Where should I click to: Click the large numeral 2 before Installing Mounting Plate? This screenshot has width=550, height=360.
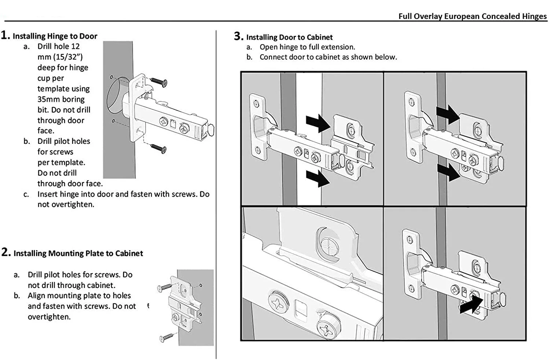(5, 252)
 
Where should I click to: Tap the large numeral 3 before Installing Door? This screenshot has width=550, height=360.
(238, 36)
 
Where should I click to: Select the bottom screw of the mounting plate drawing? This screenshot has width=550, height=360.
(167, 337)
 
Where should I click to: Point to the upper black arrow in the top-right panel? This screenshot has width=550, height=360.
(448, 113)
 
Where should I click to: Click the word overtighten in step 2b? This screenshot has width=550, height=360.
(49, 317)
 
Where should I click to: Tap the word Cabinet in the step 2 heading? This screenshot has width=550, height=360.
(129, 253)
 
